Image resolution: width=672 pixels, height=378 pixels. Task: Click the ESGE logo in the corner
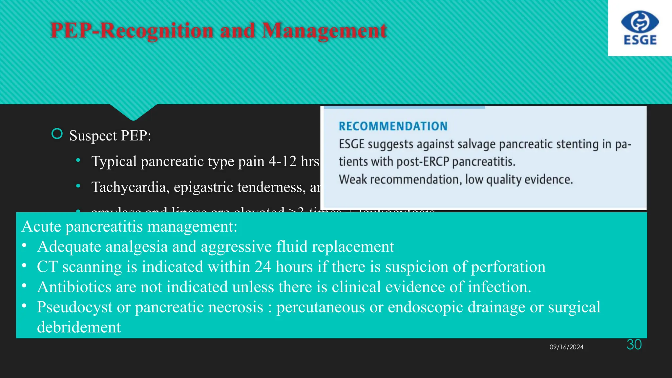[x=640, y=28]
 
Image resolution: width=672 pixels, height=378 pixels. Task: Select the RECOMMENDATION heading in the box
[x=393, y=126]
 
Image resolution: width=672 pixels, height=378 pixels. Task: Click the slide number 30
[x=634, y=345]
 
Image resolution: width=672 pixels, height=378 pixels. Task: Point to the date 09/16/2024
[x=566, y=347]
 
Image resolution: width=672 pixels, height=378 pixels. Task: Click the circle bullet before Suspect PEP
[x=57, y=134]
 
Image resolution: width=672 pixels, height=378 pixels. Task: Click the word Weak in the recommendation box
[x=353, y=179]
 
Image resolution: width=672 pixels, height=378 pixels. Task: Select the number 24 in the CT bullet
[x=263, y=267]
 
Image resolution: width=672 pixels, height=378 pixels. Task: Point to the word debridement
[x=79, y=327]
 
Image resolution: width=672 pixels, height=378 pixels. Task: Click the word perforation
[x=508, y=267]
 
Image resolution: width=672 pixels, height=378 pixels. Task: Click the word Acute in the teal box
[x=41, y=226]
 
